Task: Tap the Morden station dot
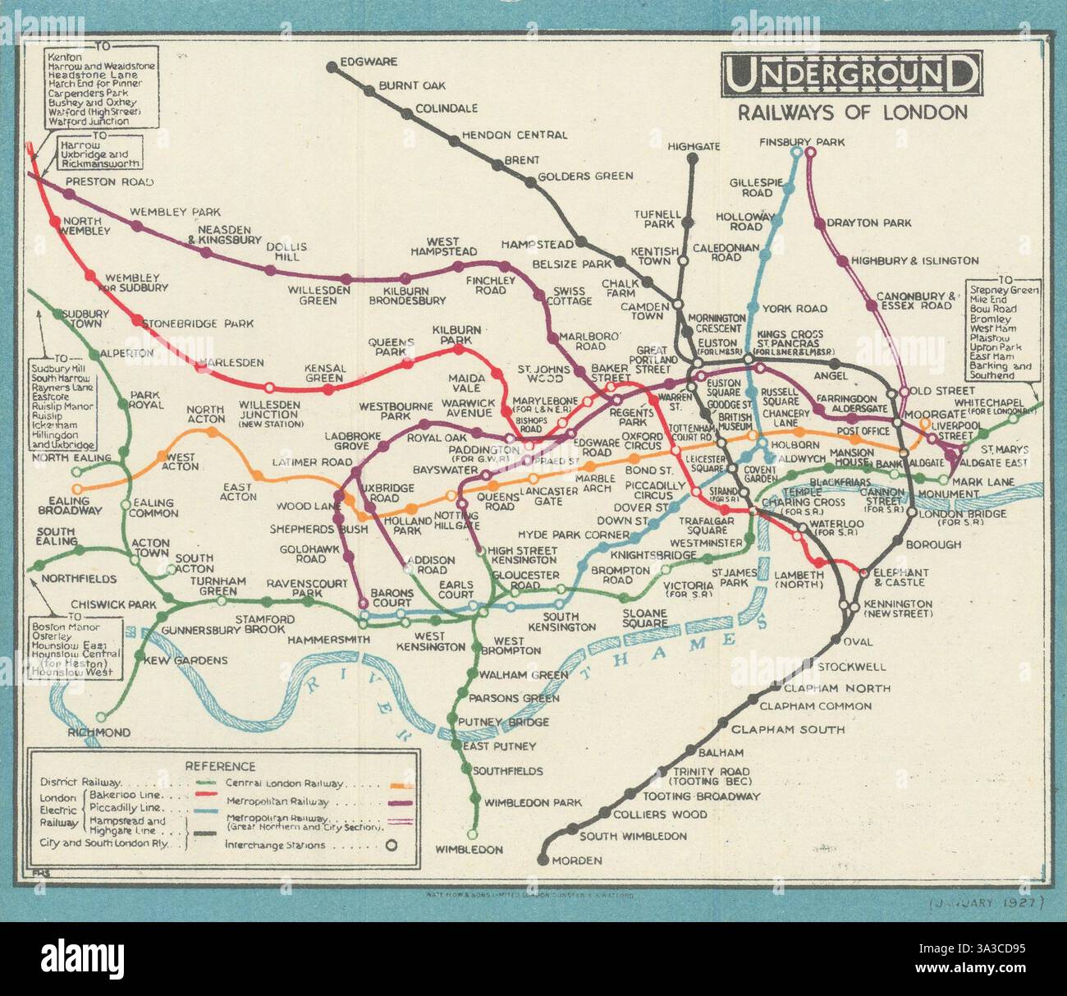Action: coord(543,860)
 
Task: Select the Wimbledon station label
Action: coord(469,849)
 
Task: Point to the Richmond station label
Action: coord(99,732)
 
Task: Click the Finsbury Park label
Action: coord(802,141)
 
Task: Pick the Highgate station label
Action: coord(694,146)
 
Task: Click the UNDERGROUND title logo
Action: coord(849,76)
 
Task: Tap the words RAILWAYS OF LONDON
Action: coord(852,112)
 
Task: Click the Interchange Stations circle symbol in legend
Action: coord(392,845)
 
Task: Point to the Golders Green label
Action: coord(585,176)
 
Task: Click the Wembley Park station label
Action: coord(175,212)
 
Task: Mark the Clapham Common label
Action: coord(815,705)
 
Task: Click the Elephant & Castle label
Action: coord(900,577)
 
